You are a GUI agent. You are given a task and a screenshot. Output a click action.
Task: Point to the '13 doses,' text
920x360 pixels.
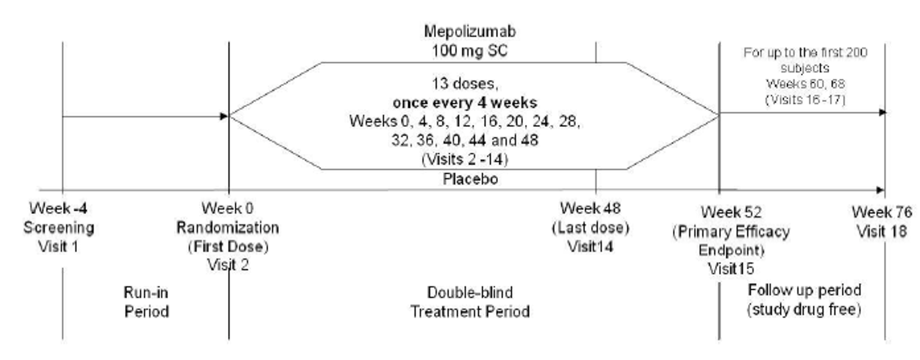click(x=464, y=83)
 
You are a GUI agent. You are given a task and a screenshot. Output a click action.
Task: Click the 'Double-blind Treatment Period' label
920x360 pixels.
click(x=470, y=302)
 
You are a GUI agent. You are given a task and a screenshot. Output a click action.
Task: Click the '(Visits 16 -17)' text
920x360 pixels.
click(x=805, y=100)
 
